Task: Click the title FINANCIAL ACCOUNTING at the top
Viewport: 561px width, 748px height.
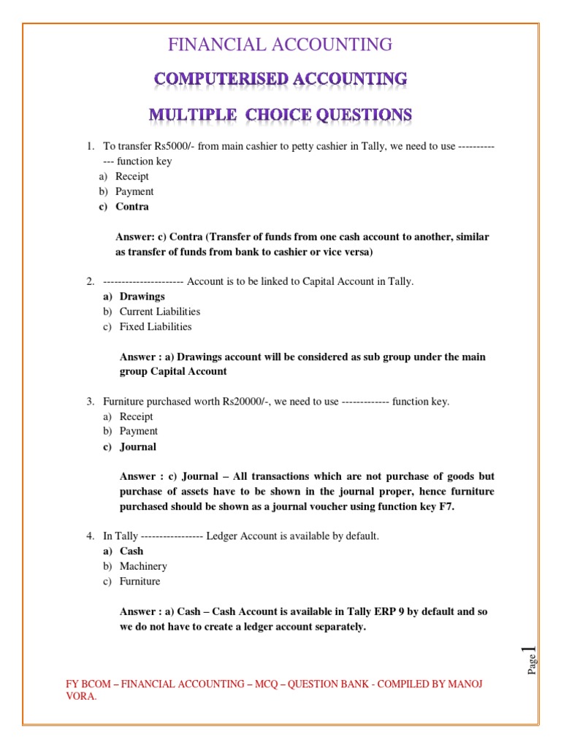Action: tap(280, 45)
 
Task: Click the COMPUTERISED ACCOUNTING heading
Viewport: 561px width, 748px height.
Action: tap(280, 79)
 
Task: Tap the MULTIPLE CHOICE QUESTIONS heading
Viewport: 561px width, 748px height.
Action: tap(280, 115)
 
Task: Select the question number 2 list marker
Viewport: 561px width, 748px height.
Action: tap(91, 281)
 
